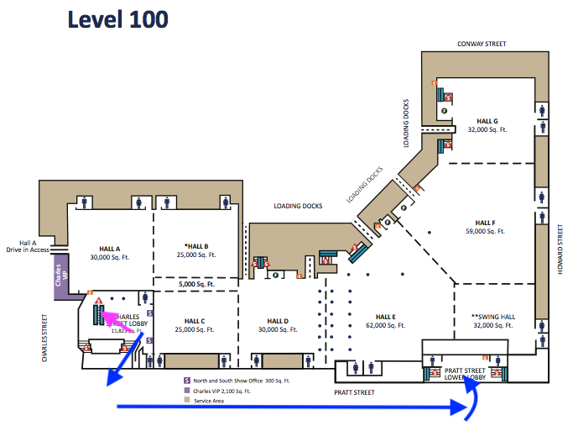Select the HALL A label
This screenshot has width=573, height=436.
[110, 249]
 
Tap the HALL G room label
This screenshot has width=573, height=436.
[487, 121]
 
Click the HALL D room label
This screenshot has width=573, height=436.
[279, 321]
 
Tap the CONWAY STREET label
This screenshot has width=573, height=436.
[482, 44]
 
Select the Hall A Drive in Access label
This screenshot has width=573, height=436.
[26, 245]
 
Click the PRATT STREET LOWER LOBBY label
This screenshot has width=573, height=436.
[465, 373]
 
